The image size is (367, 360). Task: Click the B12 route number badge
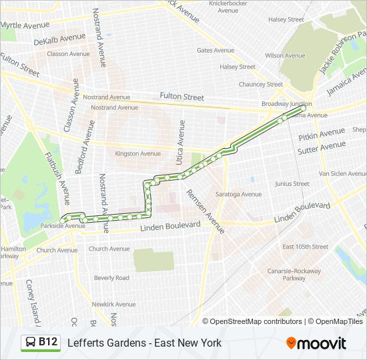pos(47,343)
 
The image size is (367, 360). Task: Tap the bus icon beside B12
pos(31,343)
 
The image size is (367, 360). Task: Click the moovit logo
pos(316,343)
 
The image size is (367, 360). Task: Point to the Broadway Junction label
pos(286,104)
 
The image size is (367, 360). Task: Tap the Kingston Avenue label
pos(138,153)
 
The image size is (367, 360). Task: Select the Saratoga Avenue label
pos(238,194)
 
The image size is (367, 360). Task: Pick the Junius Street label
pos(292,183)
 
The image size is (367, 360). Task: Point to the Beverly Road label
pos(111,278)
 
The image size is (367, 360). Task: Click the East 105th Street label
pos(305,247)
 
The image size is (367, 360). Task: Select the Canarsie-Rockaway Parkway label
pos(302,275)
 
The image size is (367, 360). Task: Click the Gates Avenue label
pos(215,50)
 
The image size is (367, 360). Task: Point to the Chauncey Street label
pos(261,84)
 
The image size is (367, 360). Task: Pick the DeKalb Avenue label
pos(59,39)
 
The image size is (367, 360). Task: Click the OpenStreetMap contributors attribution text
pos(256,321)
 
